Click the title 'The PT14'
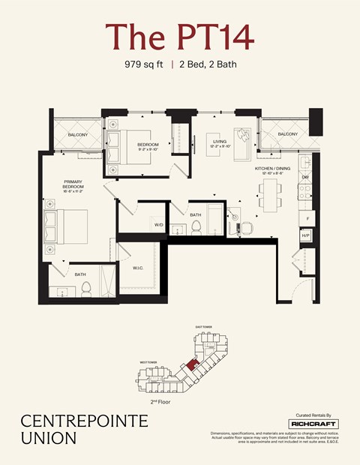180,36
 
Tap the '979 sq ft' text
145,64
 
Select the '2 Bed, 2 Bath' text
206,64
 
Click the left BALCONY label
78,134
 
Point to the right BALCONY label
287,134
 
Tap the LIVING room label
220,141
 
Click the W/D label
159,224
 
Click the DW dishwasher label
305,178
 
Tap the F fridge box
305,217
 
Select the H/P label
305,235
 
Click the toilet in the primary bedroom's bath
86,288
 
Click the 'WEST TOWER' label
148,362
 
